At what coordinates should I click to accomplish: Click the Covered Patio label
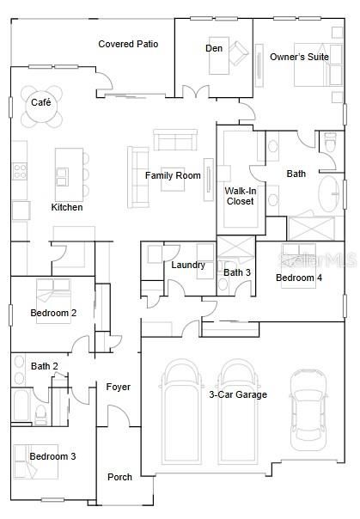(128, 44)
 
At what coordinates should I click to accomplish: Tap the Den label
(214, 48)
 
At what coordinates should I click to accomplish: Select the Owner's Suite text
(299, 57)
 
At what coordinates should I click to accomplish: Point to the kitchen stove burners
(20, 171)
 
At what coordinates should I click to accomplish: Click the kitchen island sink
(62, 177)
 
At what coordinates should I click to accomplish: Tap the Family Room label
(173, 175)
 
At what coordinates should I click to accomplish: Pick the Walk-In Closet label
(241, 196)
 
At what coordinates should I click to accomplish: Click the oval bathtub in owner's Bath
(328, 193)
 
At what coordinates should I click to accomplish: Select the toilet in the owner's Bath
(330, 143)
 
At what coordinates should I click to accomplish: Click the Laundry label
(188, 265)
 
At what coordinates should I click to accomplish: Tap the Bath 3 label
(237, 272)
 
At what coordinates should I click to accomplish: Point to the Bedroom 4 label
(299, 278)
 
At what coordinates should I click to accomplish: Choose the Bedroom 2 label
(53, 313)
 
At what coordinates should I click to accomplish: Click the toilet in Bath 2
(41, 415)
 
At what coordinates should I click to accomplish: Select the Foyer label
(118, 387)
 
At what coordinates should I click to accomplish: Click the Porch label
(119, 477)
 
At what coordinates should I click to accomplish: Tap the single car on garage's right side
(308, 410)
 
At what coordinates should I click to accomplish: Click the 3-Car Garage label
(238, 394)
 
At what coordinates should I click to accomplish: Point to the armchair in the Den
(238, 52)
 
